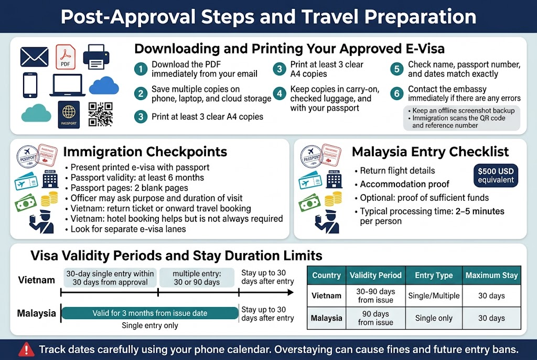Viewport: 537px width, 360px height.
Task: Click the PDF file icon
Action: tap(66, 57)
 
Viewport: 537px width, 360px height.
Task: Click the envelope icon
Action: tap(34, 57)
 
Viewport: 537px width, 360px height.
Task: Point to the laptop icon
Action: tap(67, 85)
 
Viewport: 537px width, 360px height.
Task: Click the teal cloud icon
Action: tap(36, 112)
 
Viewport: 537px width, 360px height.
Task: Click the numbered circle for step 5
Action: tap(397, 69)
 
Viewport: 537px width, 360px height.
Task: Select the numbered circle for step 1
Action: tap(141, 69)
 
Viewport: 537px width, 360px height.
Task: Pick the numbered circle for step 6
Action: tap(397, 93)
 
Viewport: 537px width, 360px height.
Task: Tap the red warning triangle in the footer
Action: tap(26, 349)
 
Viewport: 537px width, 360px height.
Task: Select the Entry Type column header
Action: tap(434, 275)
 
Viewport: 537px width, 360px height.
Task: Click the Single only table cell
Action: tap(434, 318)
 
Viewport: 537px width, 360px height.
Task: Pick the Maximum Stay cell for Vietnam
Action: tap(491, 296)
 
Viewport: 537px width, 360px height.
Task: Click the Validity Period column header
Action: tap(375, 275)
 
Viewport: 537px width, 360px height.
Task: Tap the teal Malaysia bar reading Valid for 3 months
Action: tap(150, 313)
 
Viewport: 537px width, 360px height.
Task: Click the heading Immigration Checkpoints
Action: tap(145, 152)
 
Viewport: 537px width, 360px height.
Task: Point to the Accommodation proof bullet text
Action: tap(404, 184)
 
